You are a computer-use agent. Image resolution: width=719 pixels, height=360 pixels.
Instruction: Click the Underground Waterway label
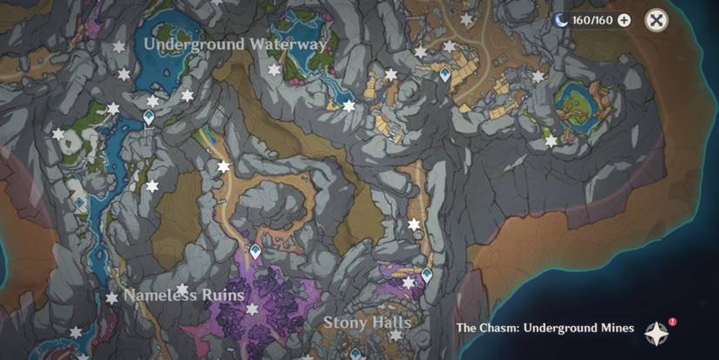pyautogui.click(x=235, y=43)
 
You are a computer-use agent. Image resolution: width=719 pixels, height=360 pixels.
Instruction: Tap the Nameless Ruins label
pyautogui.click(x=184, y=295)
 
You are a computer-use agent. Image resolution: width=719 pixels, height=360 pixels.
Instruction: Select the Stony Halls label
pyautogui.click(x=367, y=322)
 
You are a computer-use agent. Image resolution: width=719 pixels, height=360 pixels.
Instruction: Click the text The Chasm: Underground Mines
pyautogui.click(x=545, y=329)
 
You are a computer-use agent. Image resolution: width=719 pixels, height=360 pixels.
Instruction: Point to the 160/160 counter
pyautogui.click(x=593, y=20)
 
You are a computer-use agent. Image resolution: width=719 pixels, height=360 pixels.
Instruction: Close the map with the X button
pyautogui.click(x=657, y=20)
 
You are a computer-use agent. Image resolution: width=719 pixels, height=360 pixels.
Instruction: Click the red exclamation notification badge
pyautogui.click(x=672, y=322)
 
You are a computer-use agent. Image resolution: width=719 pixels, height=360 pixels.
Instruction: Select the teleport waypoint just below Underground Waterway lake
pyautogui.click(x=148, y=117)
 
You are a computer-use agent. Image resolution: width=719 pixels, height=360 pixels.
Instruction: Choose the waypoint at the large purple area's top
pyautogui.click(x=255, y=252)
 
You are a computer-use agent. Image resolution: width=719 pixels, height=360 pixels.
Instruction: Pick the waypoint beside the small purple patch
pyautogui.click(x=426, y=275)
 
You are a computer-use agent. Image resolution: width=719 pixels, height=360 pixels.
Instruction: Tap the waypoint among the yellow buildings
pyautogui.click(x=445, y=76)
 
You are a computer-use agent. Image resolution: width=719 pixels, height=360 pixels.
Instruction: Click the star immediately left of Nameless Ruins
pyautogui.click(x=112, y=298)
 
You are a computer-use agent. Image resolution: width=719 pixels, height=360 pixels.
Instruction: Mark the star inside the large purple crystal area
pyautogui.click(x=252, y=309)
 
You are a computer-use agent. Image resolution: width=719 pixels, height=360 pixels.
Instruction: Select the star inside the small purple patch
pyautogui.click(x=408, y=282)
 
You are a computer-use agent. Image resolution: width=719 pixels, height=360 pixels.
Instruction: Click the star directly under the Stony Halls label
pyautogui.click(x=396, y=335)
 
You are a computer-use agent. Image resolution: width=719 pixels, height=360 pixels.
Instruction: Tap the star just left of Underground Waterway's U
pyautogui.click(x=119, y=46)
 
